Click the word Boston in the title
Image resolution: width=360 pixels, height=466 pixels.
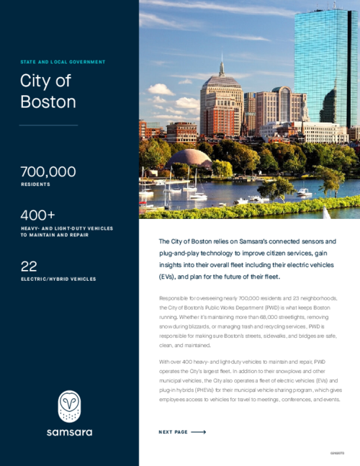click(48, 102)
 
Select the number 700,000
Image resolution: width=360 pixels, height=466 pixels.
click(48, 172)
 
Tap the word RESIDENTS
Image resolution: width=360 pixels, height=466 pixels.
click(35, 185)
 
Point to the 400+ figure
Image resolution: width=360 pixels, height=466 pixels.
click(37, 215)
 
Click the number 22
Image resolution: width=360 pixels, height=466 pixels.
click(29, 266)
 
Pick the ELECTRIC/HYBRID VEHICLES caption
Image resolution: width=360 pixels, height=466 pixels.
click(58, 279)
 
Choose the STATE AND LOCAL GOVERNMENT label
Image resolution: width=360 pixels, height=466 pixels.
click(63, 63)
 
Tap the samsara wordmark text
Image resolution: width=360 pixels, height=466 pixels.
click(70, 432)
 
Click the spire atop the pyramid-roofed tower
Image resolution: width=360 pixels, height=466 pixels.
click(222, 66)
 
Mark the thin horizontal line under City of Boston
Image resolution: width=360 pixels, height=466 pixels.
click(48, 125)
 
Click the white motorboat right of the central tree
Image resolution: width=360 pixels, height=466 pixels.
click(305, 192)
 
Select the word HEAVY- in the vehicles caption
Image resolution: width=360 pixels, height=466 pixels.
click(31, 228)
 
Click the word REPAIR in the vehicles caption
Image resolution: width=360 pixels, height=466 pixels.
click(78, 235)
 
